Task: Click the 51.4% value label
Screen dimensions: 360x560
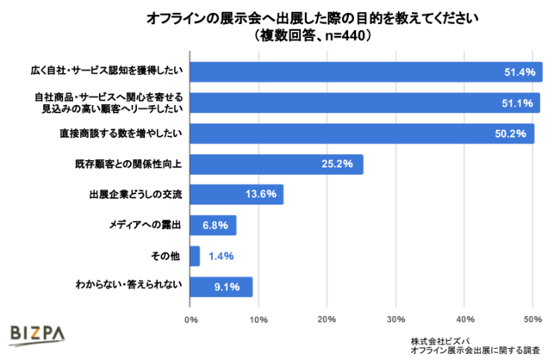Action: (520, 71)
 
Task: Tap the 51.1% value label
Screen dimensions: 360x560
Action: (520, 102)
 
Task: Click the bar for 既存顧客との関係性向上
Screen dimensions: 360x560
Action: (276, 164)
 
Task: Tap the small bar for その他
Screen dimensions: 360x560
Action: (195, 256)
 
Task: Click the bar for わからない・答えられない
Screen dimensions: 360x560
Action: (221, 287)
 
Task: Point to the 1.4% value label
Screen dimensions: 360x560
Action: (221, 256)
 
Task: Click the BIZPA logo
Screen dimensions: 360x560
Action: (38, 334)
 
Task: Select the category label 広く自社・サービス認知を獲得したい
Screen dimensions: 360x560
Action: (107, 71)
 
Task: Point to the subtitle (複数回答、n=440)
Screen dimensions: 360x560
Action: (312, 37)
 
